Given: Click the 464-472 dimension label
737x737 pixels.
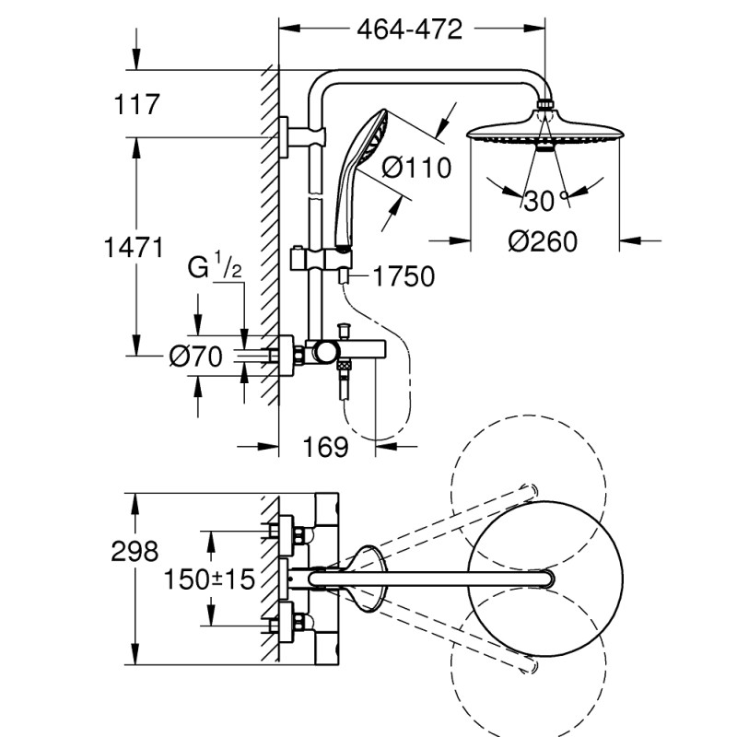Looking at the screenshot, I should (409, 29).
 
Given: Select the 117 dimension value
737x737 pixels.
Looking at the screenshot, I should (135, 104).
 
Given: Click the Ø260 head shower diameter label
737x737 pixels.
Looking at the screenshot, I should (543, 241).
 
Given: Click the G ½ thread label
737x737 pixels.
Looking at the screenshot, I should (215, 269).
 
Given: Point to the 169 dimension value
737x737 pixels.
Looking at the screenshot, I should (326, 447).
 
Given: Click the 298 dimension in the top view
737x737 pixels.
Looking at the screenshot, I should (135, 552).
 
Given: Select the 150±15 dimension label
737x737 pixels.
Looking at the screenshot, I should (208, 579).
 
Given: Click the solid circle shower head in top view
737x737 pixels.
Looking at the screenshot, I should (537, 578).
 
